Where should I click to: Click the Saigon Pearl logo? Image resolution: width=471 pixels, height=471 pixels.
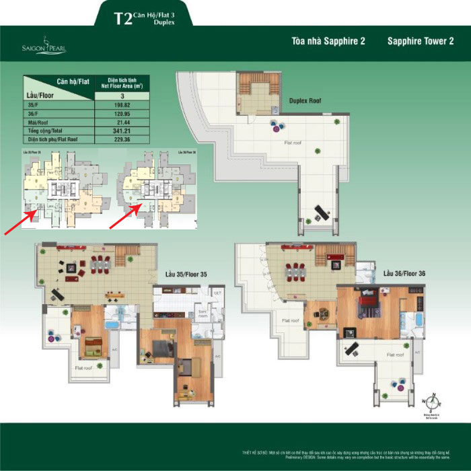click(x=42, y=45)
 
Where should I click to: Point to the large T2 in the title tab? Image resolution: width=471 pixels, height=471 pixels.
click(x=122, y=18)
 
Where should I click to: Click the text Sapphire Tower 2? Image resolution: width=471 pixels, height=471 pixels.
click(x=421, y=41)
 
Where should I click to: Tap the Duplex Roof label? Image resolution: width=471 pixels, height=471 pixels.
click(x=304, y=100)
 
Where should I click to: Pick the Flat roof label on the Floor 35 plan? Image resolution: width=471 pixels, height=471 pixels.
click(x=83, y=368)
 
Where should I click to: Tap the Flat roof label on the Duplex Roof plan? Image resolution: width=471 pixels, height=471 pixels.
click(x=292, y=142)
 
